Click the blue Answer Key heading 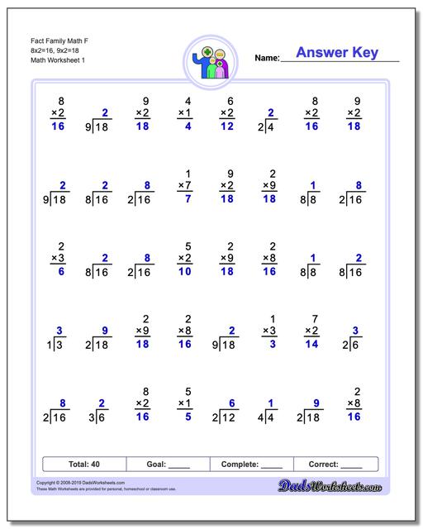click(x=336, y=53)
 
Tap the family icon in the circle click(x=211, y=62)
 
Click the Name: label click(x=267, y=58)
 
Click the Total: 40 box click(x=84, y=465)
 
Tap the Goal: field click(x=168, y=465)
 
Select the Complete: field click(x=252, y=465)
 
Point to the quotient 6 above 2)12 click(x=232, y=403)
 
